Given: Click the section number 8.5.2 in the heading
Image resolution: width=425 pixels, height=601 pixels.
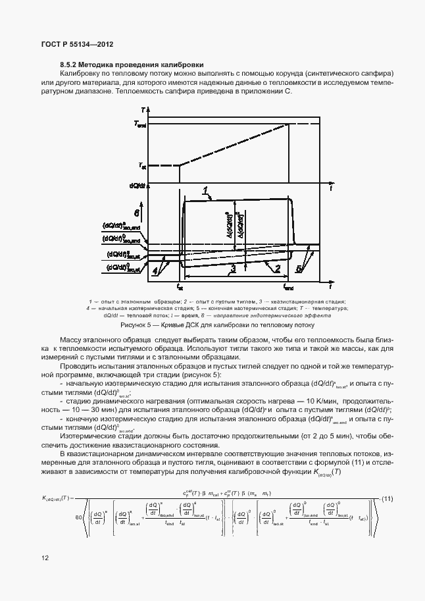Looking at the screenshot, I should [70, 65].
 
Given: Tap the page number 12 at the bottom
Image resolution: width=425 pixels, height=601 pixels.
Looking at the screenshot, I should [45, 558].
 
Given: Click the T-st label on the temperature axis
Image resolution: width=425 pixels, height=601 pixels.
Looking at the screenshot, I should [141, 166].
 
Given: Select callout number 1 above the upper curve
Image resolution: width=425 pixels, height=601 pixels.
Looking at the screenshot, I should [206, 190].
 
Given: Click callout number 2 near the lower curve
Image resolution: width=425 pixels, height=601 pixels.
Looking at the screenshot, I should [277, 269].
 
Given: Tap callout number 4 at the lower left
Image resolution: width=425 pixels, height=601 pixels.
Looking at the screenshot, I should [155, 270].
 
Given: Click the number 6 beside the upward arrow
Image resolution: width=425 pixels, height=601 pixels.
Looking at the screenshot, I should [136, 213].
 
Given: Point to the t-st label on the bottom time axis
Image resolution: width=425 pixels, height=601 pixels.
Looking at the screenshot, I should [180, 287].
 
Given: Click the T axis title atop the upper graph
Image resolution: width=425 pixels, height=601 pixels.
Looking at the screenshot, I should [143, 109].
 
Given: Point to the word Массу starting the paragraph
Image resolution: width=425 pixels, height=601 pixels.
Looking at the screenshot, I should [71, 338].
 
